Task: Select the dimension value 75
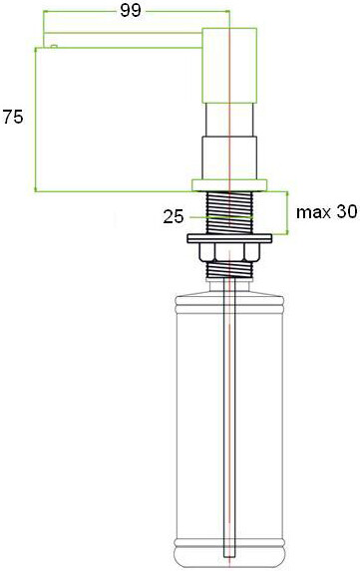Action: [14, 117]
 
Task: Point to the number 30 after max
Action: [346, 212]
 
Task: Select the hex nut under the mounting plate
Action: [230, 253]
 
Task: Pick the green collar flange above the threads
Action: [230, 184]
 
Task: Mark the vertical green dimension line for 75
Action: [36, 120]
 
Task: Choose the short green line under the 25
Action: [230, 220]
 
